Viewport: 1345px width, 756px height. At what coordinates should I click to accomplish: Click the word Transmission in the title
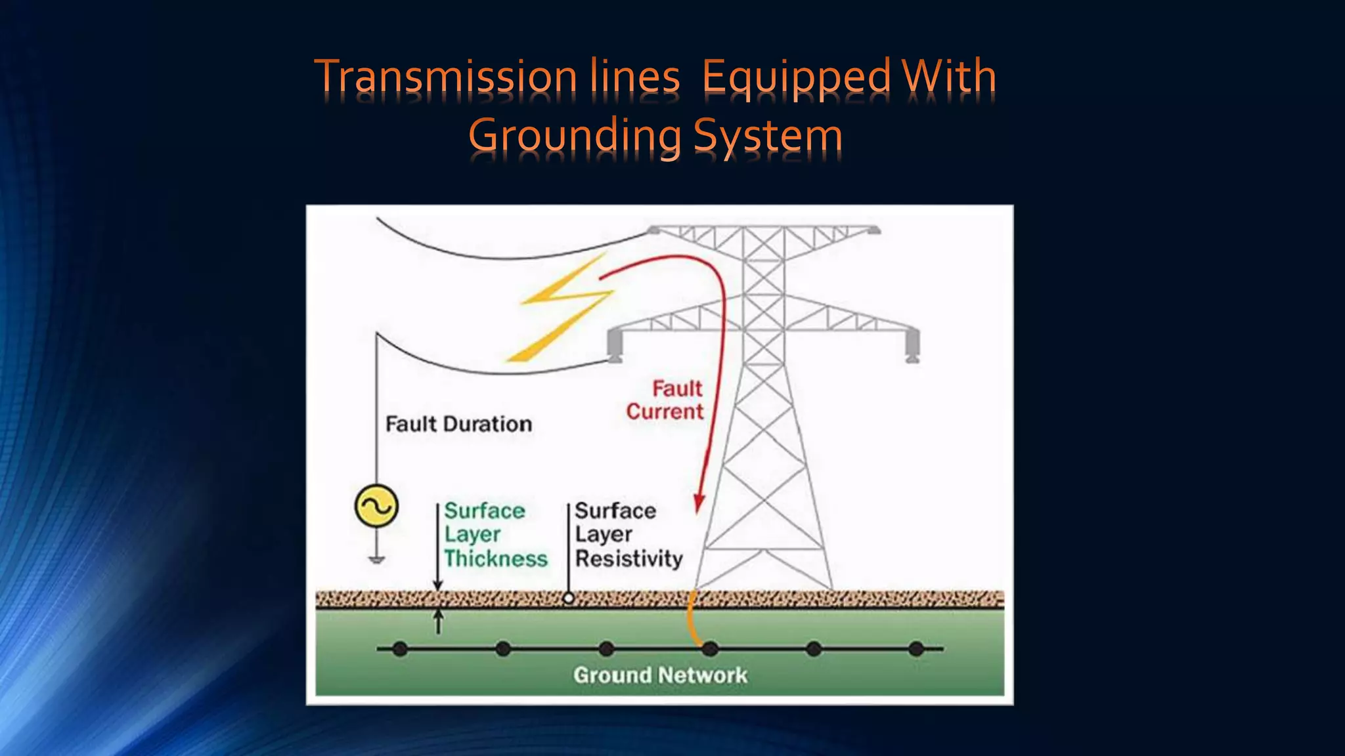point(446,77)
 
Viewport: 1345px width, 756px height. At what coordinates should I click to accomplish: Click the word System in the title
point(768,136)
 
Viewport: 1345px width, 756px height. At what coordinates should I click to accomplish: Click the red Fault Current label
point(665,400)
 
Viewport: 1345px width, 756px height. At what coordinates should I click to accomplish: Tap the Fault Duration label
point(458,424)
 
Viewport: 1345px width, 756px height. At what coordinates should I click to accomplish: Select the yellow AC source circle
point(376,506)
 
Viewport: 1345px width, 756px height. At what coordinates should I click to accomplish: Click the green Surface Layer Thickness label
point(495,534)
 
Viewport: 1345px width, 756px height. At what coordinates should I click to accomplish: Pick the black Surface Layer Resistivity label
point(628,534)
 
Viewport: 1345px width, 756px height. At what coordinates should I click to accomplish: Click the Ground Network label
point(660,675)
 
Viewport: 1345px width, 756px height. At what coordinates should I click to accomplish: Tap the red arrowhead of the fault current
point(699,503)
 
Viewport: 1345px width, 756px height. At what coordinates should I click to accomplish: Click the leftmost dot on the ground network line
point(400,649)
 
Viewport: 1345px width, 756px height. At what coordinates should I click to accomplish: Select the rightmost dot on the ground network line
point(916,649)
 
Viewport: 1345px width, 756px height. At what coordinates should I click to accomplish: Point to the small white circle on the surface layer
point(569,598)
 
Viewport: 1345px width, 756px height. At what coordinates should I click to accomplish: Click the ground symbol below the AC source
point(376,559)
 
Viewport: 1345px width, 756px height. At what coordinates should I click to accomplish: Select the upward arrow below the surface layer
point(439,620)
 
